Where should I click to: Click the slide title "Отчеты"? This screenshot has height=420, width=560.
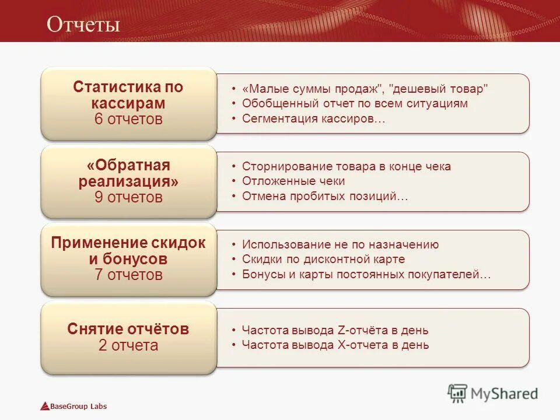pyautogui.click(x=83, y=24)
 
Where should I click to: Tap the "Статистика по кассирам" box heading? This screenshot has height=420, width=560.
pyautogui.click(x=128, y=95)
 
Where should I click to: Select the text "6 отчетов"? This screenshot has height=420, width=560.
pyautogui.click(x=128, y=120)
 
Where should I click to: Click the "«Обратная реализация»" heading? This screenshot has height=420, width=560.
pyautogui.click(x=128, y=173)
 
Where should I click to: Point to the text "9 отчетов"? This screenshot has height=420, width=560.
pyautogui.click(x=128, y=197)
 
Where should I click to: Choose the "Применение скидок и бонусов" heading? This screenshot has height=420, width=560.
pyautogui.click(x=128, y=251)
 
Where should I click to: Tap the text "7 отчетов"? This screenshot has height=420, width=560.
pyautogui.click(x=128, y=275)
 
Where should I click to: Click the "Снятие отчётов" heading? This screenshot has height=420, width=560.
pyautogui.click(x=128, y=329)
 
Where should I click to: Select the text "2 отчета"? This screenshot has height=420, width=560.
pyautogui.click(x=128, y=345)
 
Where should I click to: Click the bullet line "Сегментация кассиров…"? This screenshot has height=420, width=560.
pyautogui.click(x=314, y=118)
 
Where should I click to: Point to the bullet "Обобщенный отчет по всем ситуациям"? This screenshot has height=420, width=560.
pyautogui.click(x=355, y=104)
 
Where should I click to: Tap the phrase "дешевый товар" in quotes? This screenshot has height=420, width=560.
pyautogui.click(x=438, y=89)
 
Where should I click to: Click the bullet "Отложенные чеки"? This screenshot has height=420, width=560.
pyautogui.click(x=293, y=181)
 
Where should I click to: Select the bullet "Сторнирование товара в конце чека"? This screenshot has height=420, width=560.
pyautogui.click(x=346, y=167)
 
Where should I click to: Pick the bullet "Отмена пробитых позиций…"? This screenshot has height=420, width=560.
pyautogui.click(x=325, y=196)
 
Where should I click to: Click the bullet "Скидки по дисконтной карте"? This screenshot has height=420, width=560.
pyautogui.click(x=323, y=259)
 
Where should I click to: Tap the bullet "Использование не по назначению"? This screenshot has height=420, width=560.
pyautogui.click(x=341, y=245)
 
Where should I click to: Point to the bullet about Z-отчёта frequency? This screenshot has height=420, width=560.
pyautogui.click(x=335, y=331)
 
